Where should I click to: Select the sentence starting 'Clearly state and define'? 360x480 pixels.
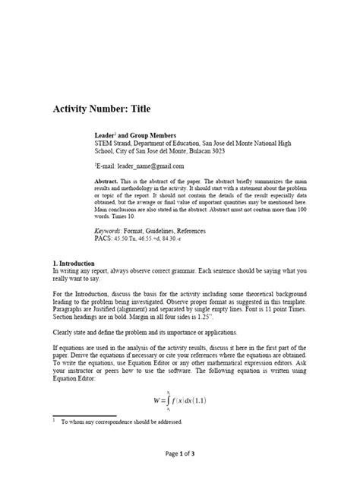pyautogui.click(x=151, y=333)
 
